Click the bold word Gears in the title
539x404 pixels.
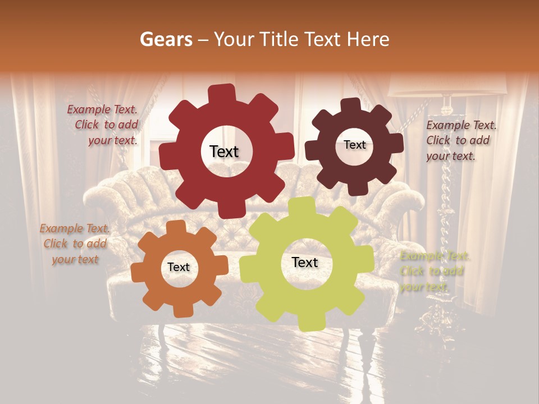pyautogui.click(x=166, y=39)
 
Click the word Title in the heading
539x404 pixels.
pyautogui.click(x=278, y=39)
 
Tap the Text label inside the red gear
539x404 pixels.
pyautogui.click(x=224, y=151)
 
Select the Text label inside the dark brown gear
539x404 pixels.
pyautogui.click(x=354, y=145)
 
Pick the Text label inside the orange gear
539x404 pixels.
pyautogui.click(x=179, y=267)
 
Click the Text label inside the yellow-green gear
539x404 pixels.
pyautogui.click(x=305, y=262)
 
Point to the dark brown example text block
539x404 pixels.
pyautogui.click(x=461, y=140)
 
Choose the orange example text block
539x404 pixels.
pyautogui.click(x=75, y=244)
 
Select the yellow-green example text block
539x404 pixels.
pyautogui.click(x=435, y=271)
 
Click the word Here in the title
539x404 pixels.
pyautogui.click(x=369, y=39)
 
